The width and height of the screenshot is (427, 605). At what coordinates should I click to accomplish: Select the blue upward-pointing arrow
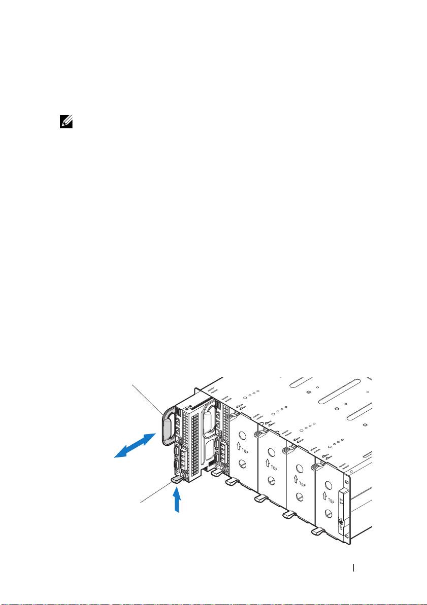point(177,499)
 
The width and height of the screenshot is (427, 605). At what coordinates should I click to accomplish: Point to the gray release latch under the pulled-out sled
point(178,478)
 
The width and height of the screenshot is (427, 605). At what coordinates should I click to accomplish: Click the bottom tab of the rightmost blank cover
point(318,531)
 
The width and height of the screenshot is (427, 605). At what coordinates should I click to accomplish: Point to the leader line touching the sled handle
point(148,399)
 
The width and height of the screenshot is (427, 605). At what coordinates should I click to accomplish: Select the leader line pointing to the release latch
point(155,493)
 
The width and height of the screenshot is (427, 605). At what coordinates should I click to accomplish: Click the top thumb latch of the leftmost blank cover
point(232,416)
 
